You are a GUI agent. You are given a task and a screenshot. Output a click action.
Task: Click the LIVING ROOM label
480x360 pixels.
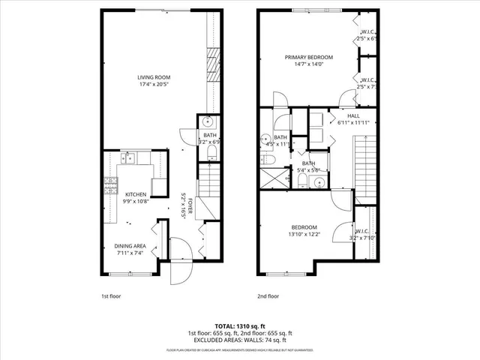click(153, 77)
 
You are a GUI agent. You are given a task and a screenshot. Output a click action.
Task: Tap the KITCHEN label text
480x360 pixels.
click(136, 194)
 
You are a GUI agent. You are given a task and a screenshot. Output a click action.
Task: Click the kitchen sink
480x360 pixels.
click(128, 157)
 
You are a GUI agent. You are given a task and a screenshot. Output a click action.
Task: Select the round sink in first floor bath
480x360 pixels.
click(207, 123)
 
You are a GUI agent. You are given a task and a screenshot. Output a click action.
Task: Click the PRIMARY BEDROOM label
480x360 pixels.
click(309, 57)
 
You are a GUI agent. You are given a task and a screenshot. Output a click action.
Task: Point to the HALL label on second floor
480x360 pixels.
click(353, 116)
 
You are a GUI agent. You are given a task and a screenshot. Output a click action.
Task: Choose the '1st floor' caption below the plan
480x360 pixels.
click(110, 296)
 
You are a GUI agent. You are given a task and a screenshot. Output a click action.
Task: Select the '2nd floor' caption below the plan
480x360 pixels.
click(267, 296)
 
